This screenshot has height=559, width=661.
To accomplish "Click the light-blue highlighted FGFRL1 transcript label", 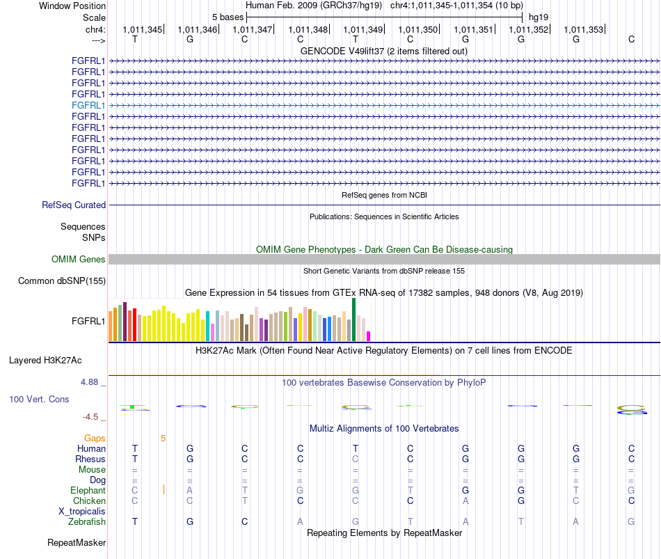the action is pos(88,106).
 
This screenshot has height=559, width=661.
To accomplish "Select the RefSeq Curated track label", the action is pos(74,205).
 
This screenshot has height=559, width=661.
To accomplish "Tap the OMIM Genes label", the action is pos(79,260).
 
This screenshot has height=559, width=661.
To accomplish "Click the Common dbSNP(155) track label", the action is pos(62,281).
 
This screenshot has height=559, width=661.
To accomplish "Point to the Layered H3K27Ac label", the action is pos(45,361).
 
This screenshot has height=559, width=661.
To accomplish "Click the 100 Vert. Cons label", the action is pos(39,399).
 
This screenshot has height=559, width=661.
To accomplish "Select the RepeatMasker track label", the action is pos(77,542).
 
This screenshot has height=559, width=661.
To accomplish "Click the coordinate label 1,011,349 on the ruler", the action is pos(363,29).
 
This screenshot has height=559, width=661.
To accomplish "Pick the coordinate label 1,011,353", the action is pos(584,29).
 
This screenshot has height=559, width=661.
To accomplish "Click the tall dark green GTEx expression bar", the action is pos(353,320).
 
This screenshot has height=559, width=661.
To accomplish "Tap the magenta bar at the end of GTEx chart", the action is pos(369,336).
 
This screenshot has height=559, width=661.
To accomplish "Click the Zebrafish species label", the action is pos(87,522).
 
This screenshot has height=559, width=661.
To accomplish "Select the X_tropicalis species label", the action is pos(82,512).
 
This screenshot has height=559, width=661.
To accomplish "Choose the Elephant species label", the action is pos(88,490).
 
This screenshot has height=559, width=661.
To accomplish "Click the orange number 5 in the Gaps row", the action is pos(163,439).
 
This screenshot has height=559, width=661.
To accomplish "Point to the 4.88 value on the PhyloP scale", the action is pos(89,382).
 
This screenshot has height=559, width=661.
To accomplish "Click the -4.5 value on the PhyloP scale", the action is pos(90,417).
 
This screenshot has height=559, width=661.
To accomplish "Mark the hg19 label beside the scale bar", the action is pos(539,17).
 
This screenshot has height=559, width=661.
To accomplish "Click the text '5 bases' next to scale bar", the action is pos(228,17).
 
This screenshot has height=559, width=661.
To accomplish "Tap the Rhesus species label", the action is pos(90,459).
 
